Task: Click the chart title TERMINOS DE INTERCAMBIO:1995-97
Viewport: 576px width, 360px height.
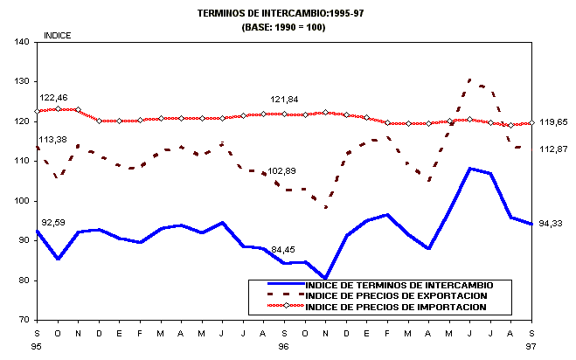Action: point(288,14)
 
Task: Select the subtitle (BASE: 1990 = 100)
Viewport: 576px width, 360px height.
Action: point(288,27)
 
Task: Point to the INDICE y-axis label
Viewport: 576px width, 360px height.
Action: point(58,36)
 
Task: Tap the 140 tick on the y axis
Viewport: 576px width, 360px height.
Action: point(23,42)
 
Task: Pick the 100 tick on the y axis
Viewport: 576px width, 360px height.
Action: point(23,201)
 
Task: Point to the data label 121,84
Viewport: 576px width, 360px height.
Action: point(286,99)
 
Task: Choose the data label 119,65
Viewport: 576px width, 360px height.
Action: point(556,122)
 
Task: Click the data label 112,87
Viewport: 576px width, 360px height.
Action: point(556,150)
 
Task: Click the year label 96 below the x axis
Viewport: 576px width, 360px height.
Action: point(285,346)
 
